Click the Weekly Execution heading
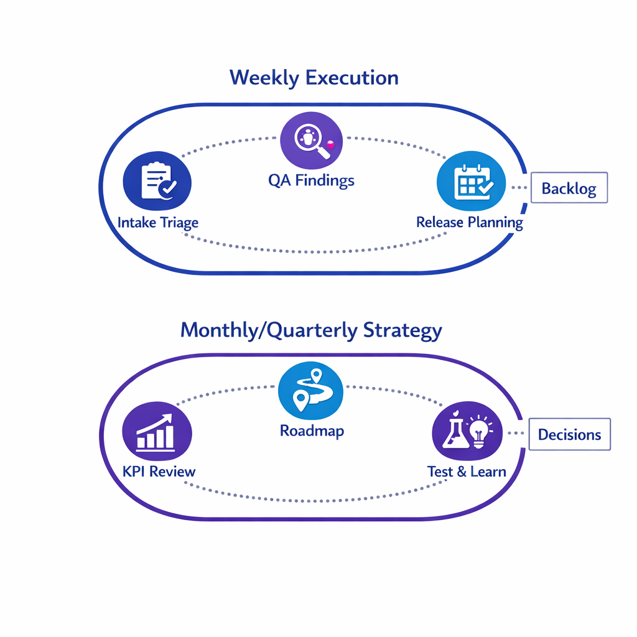pos(314,78)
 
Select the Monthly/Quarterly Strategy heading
pos(311,330)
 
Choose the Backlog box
pos(569,188)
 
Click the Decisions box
pos(569,434)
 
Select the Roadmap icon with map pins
pos(311,390)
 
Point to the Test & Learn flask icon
pos(453,433)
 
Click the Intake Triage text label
pos(158,222)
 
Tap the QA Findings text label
pos(311,181)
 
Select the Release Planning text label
pos(470,222)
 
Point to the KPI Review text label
pos(159,471)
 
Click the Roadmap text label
pos(312,430)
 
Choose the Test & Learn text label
pos(467,472)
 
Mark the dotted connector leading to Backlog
pos(519,187)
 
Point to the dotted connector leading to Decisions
pos(518,434)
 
